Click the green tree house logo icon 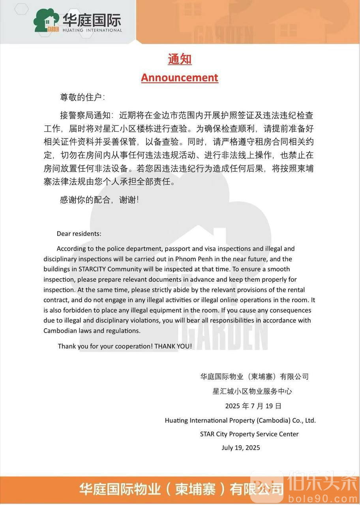tap(47, 20)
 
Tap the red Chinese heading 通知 tap(180, 59)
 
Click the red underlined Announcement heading tap(180, 77)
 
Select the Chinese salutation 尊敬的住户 tap(82, 97)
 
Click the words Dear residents tap(79, 234)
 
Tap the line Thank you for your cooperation tap(125, 346)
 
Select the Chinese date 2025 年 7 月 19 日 tap(253, 406)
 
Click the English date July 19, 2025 tap(241, 447)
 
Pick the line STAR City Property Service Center tap(249, 434)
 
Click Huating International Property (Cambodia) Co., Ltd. tap(240, 420)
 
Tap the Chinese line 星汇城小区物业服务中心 tap(252, 391)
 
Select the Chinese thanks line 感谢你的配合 tap(99, 200)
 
